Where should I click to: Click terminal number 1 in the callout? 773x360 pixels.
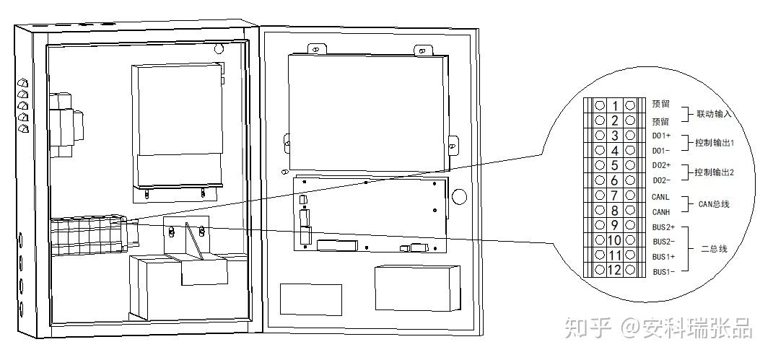tap(614, 105)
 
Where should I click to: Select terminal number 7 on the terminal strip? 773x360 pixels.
tap(614, 196)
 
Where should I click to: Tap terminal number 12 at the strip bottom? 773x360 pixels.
tap(614, 271)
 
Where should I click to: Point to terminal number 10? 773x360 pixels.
tap(614, 240)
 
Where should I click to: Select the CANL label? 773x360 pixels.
tap(660, 196)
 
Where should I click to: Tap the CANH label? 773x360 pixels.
tap(660, 211)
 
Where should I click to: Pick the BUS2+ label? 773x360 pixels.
tap(663, 226)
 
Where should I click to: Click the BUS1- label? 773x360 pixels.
tap(663, 271)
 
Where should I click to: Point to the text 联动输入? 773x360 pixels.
tap(714, 113)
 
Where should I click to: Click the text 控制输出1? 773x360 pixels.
tap(714, 143)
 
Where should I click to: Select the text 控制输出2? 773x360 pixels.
tap(714, 172)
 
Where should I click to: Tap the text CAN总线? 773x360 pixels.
tap(713, 204)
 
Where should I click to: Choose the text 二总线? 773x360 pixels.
tap(714, 249)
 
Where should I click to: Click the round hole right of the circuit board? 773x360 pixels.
tap(458, 197)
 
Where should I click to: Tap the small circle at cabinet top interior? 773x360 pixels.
tap(218, 50)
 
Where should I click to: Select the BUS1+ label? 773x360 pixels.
tap(663, 256)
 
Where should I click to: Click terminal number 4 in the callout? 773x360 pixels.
tap(614, 150)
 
